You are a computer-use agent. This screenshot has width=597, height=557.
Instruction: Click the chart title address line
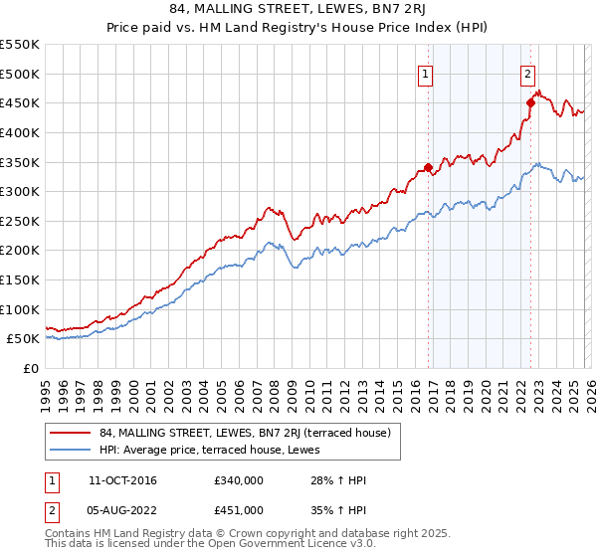(298, 11)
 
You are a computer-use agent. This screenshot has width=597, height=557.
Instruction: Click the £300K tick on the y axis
(20, 191)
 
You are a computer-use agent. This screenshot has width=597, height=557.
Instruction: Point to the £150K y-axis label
(20, 279)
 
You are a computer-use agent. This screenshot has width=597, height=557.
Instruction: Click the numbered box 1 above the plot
(426, 73)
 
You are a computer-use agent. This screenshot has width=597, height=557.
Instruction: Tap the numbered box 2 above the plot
(527, 73)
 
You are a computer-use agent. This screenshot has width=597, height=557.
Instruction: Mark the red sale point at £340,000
(429, 168)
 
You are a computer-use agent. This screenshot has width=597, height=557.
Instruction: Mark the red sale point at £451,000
(530, 101)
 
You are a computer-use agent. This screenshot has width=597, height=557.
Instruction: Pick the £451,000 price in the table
(239, 509)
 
